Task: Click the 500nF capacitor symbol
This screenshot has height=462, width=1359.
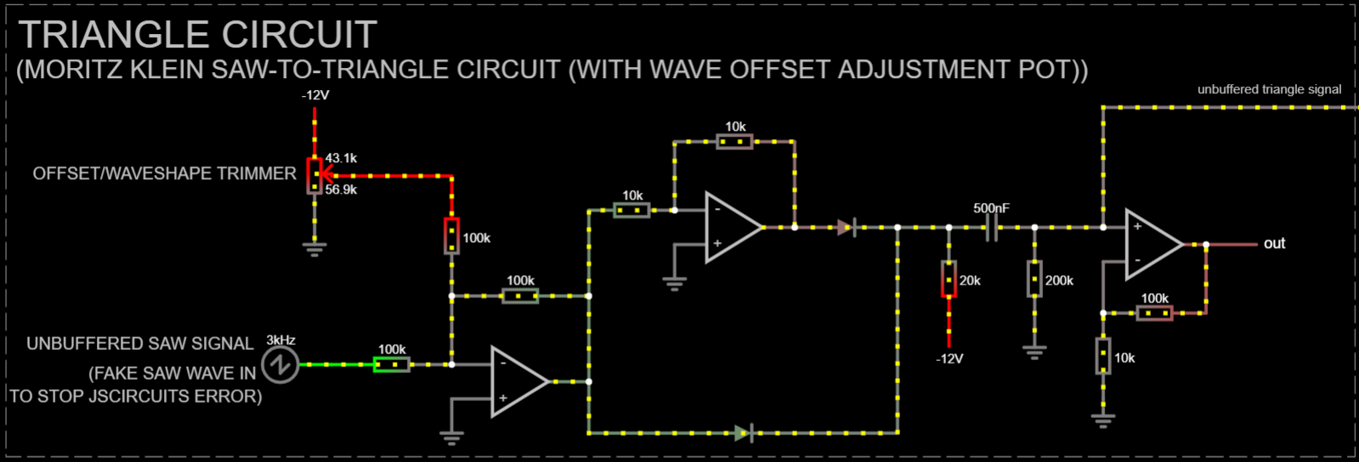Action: coord(991,228)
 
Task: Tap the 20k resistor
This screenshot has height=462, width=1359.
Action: coord(948,279)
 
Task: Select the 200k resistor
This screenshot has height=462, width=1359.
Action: coord(1034,279)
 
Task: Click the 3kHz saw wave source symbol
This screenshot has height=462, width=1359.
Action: coord(280,365)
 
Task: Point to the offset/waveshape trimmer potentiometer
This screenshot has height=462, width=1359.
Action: coord(314,175)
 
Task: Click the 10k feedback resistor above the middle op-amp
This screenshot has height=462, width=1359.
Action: coord(734,142)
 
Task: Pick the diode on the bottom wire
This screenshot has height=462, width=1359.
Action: coord(744,433)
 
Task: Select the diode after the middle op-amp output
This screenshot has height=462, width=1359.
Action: coord(846,228)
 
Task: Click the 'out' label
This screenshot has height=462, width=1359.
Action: coord(1274,244)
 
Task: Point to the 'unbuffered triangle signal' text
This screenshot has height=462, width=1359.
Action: coord(1269,89)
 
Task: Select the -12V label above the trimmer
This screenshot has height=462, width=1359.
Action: coord(315,95)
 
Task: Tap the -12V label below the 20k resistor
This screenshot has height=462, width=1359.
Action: coord(949,358)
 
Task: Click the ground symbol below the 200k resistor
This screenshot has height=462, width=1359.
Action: coord(1034,351)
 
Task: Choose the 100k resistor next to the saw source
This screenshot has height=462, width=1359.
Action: coord(392,364)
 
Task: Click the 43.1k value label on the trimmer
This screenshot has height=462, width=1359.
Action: coord(341,158)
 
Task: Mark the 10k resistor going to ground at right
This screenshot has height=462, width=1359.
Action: coord(1103,356)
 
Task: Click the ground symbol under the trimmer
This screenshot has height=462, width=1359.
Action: coord(314,249)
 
